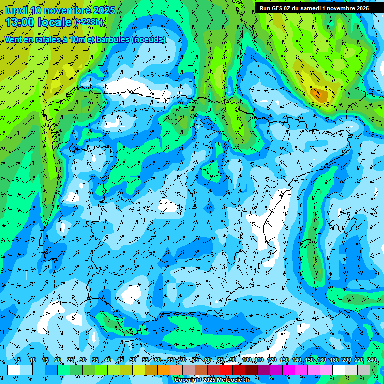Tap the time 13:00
(x=21, y=22)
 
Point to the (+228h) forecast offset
(x=89, y=22)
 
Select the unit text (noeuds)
(x=148, y=39)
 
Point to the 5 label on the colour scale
(x=19, y=360)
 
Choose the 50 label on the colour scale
(x=133, y=360)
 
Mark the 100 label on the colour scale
(x=246, y=360)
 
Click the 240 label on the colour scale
(x=372, y=360)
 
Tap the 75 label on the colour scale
(x=195, y=360)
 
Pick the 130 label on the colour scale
(x=284, y=360)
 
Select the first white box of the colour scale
(x=13, y=370)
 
